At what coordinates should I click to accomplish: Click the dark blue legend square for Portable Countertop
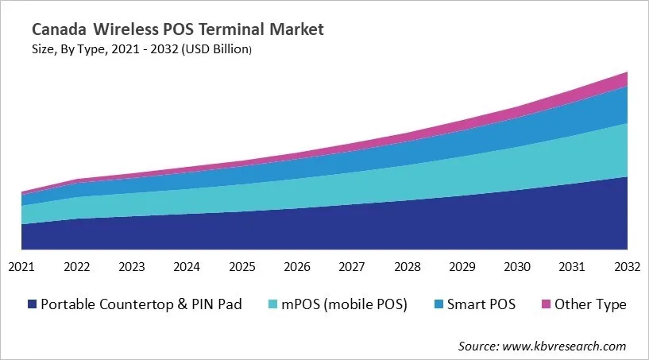point(33,304)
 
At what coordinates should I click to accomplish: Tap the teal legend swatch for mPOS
point(272,304)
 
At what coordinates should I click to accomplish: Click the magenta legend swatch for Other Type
point(545,304)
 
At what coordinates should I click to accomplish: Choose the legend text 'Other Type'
point(590,304)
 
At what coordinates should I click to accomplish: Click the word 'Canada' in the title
point(60,30)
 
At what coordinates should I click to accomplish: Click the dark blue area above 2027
point(351,226)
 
